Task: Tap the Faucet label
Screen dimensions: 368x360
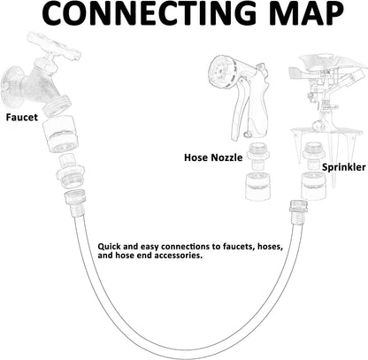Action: point(22,117)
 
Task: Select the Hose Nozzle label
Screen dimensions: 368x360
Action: point(213,157)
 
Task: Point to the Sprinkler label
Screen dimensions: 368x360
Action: point(343,167)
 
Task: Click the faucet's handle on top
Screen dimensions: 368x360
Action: point(54,46)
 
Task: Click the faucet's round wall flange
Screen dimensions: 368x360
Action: point(12,86)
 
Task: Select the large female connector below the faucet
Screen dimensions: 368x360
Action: point(61,134)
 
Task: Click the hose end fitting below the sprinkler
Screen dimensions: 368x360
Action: point(298,212)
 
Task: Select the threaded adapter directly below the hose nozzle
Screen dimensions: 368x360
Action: point(257,157)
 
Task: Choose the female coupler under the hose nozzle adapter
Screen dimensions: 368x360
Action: point(257,187)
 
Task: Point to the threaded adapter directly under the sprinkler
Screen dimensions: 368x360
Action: point(314,156)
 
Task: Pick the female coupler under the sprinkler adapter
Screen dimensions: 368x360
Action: point(313,186)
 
